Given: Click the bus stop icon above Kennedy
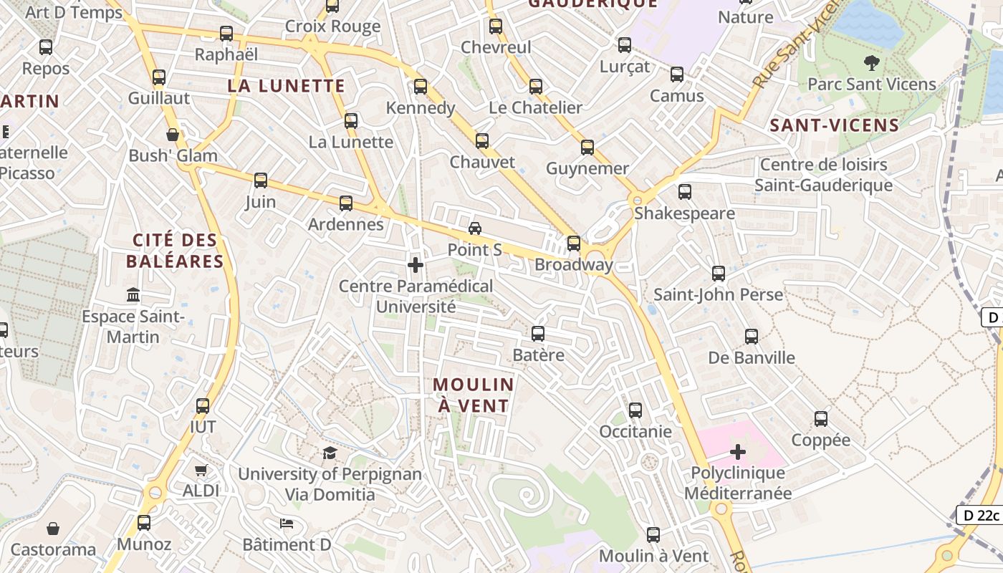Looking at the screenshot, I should [x=421, y=87].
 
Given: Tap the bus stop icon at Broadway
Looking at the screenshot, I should [x=574, y=244].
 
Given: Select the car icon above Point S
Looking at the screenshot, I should [x=474, y=228].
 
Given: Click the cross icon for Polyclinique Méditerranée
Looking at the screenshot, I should [x=738, y=452].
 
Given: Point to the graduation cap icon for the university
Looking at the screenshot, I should [x=330, y=453].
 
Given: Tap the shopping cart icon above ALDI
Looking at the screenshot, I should [x=201, y=471].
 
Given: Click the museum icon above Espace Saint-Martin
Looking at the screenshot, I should [x=133, y=294].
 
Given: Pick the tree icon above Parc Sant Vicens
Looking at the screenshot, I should [x=872, y=63].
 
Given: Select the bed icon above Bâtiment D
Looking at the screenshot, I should [x=287, y=524].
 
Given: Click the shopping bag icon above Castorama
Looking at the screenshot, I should [x=53, y=529].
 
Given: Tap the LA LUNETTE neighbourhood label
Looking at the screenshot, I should [x=287, y=86].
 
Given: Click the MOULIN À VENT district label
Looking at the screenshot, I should [x=474, y=395].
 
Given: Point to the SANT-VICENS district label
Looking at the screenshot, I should [x=834, y=125].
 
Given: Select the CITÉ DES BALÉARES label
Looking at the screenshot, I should [x=176, y=250].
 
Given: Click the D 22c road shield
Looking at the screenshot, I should [x=979, y=515].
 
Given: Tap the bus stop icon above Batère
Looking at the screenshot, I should [x=538, y=334].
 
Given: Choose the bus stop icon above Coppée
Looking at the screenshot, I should [x=821, y=419].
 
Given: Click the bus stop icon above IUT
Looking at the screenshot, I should [x=203, y=406].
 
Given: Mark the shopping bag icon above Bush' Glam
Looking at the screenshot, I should [x=173, y=135].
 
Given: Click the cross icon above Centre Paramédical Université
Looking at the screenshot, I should [x=415, y=265].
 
